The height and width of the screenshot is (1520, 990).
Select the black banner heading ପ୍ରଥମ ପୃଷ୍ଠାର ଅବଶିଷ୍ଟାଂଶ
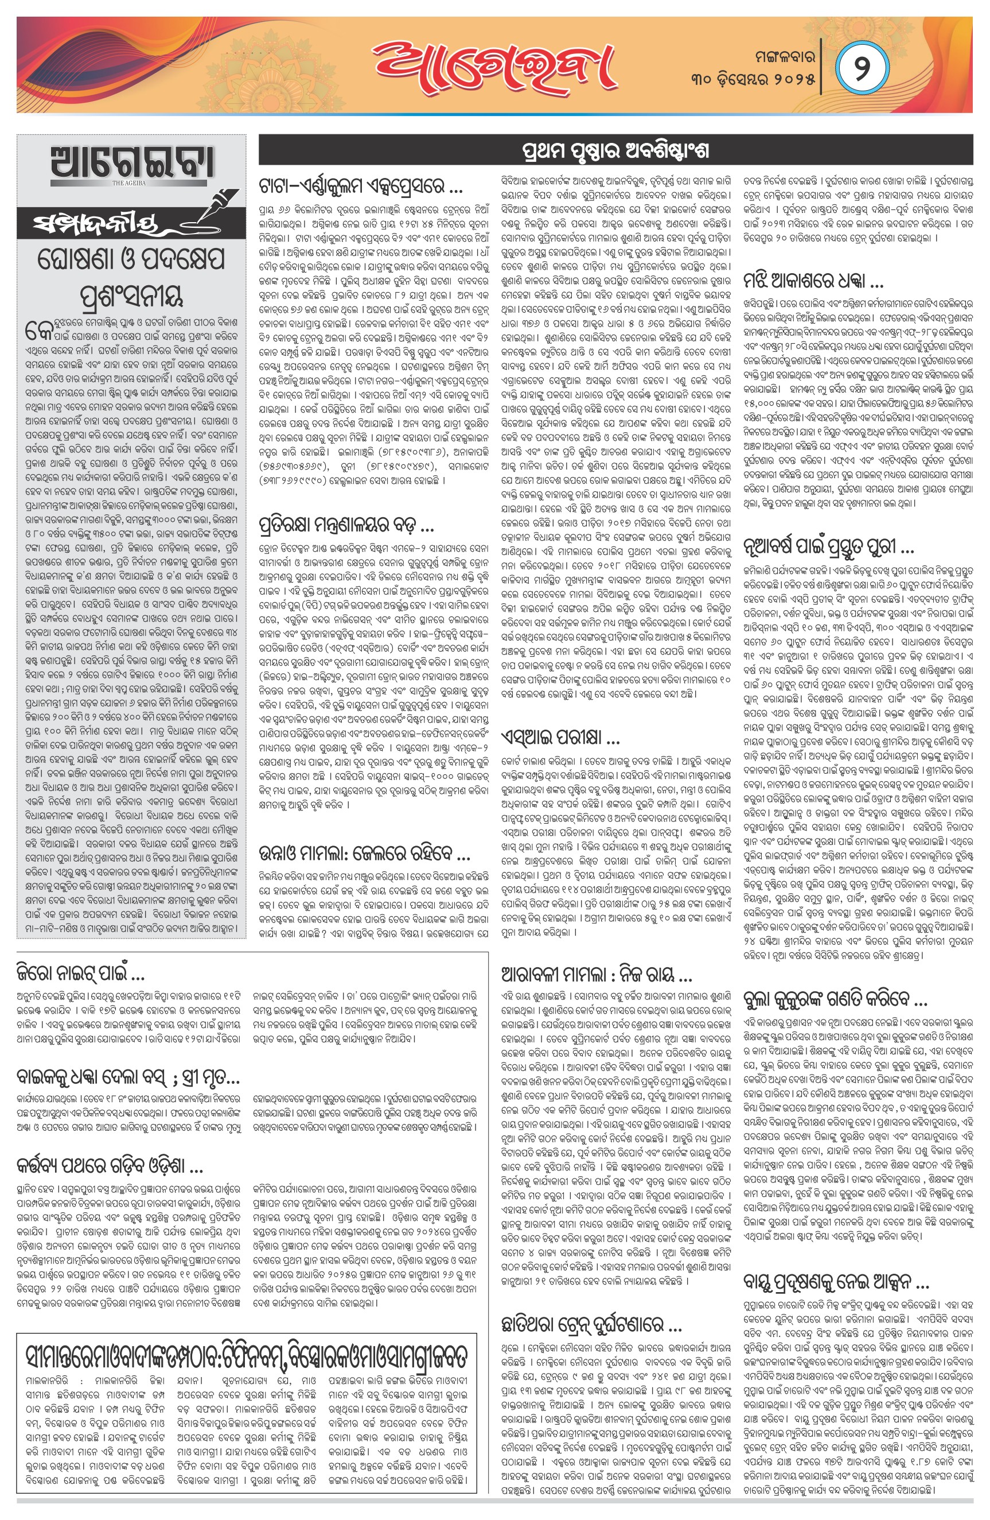click(x=615, y=152)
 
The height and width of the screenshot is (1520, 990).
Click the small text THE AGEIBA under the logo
click(x=130, y=183)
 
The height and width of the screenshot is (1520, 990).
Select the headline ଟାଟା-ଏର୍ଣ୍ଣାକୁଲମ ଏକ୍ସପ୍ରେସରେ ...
click(x=361, y=187)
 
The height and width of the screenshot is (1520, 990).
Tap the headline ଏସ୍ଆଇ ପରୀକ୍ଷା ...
click(x=560, y=737)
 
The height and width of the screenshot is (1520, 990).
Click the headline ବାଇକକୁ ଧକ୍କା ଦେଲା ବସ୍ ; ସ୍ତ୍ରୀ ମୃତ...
click(x=128, y=1077)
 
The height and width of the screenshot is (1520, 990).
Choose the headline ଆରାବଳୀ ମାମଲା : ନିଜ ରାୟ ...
click(x=597, y=975)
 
